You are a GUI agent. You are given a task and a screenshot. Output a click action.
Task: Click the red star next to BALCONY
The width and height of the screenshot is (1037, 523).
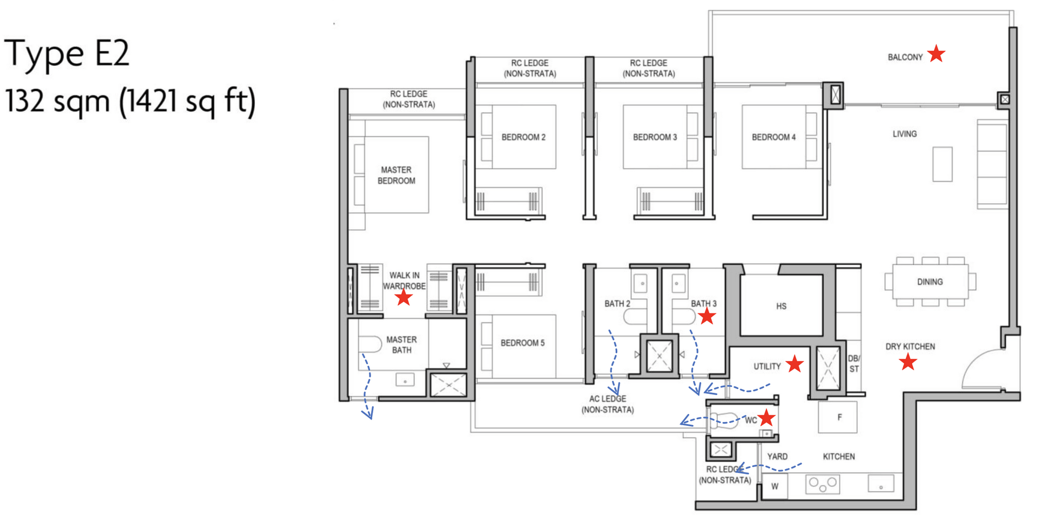(x=936, y=54)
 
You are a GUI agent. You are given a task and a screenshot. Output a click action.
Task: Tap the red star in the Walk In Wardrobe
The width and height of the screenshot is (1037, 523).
(x=403, y=297)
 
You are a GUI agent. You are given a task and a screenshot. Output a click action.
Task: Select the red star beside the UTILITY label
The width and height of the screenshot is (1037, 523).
(x=794, y=364)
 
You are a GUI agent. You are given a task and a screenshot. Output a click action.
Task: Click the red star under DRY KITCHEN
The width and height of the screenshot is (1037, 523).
(x=908, y=362)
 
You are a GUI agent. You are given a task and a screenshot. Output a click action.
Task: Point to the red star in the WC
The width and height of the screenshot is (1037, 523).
(x=766, y=418)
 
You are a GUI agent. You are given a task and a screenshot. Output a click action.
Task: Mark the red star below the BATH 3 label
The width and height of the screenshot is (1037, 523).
(x=707, y=317)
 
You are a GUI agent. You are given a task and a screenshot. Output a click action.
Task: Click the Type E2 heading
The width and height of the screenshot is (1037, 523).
(x=67, y=54)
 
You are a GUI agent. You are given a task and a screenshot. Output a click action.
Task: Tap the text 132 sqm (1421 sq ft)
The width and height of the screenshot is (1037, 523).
(x=130, y=101)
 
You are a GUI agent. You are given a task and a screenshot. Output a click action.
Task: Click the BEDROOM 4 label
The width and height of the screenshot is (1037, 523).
(x=773, y=137)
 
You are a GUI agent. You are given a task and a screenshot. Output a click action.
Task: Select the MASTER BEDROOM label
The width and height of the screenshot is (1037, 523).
(x=396, y=175)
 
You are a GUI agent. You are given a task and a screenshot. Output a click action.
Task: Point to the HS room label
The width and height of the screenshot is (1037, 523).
(x=781, y=306)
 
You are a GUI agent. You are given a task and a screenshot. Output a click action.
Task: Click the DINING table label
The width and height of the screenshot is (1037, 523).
(x=930, y=282)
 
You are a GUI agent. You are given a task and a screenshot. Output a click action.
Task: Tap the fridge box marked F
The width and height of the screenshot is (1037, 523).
(x=838, y=417)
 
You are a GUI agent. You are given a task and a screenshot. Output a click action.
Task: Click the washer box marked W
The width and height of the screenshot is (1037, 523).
(x=775, y=486)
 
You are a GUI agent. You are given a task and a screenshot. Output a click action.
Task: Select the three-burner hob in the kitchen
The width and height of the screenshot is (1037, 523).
(x=823, y=484)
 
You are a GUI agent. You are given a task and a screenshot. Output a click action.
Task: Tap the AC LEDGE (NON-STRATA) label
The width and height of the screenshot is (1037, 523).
(x=608, y=404)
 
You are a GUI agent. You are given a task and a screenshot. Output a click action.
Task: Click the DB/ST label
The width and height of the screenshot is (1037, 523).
(x=853, y=364)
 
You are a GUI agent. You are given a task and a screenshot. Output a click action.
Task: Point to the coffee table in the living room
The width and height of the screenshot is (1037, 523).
(x=942, y=164)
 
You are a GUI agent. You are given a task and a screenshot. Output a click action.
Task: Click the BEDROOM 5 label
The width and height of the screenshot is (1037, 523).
(x=522, y=343)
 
